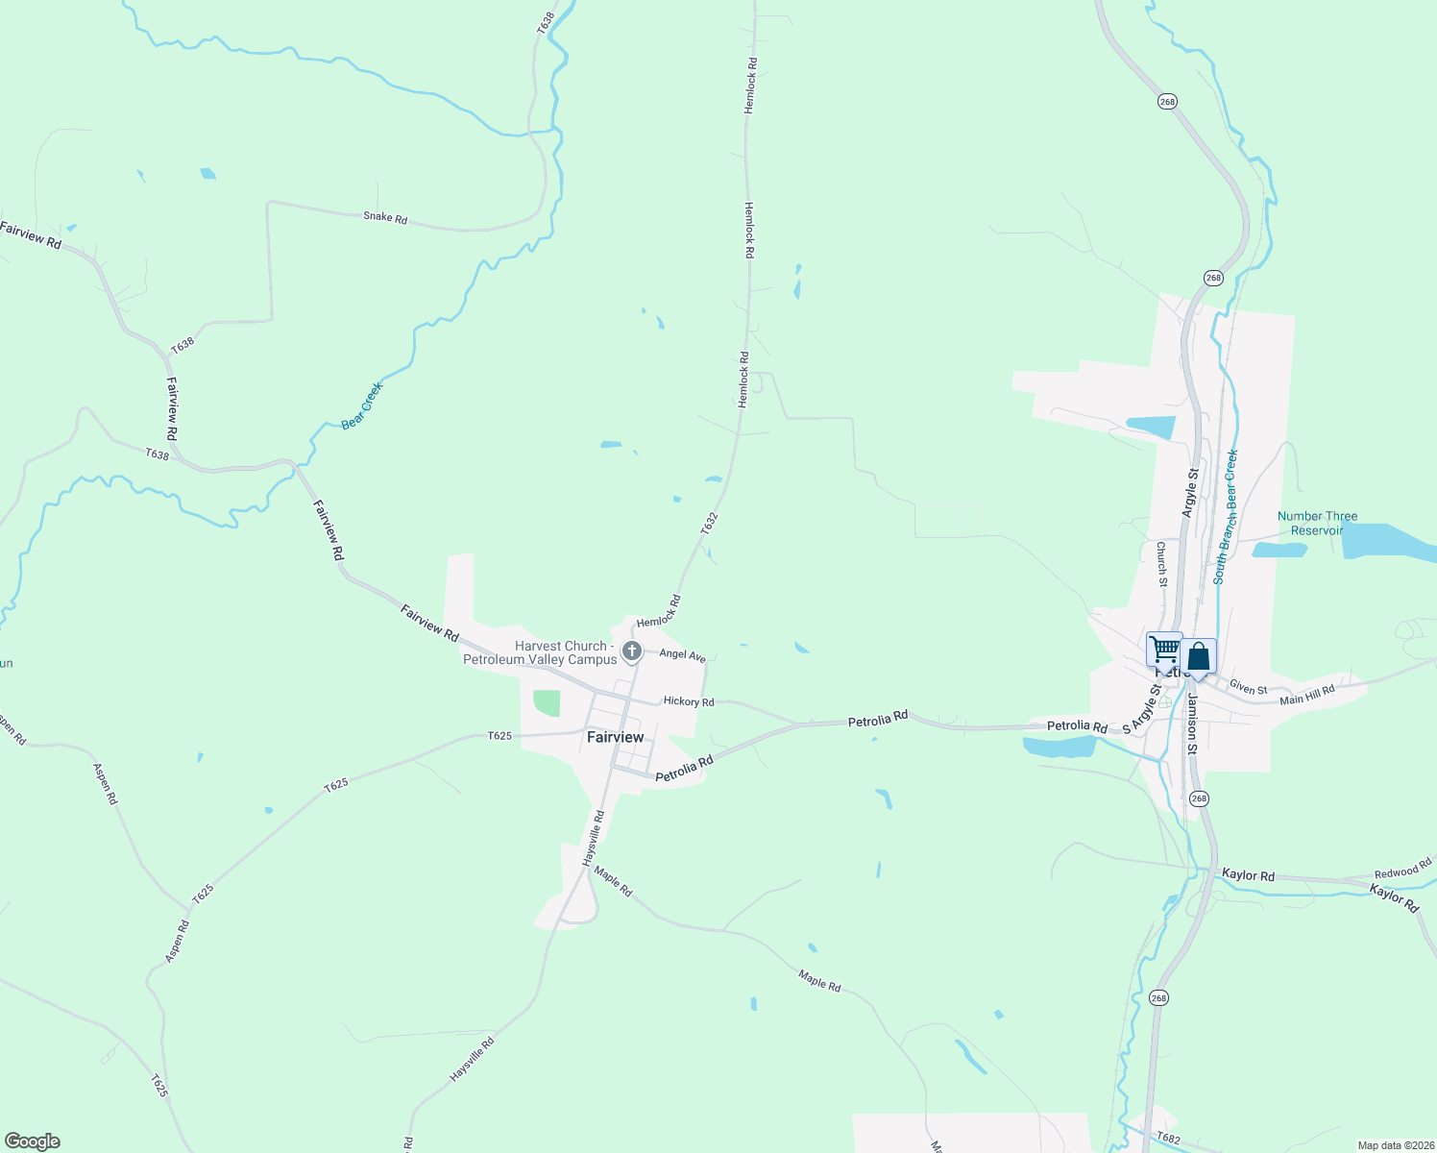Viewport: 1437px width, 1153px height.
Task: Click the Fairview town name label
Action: pos(615,737)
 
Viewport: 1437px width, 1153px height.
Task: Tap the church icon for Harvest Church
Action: pos(632,652)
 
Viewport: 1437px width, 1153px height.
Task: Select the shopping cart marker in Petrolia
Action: pos(1164,650)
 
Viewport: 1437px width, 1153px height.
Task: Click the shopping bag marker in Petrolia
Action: pos(1199,657)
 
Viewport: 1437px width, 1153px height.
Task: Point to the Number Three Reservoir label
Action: pos(1317,523)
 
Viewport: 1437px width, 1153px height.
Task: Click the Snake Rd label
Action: pos(385,217)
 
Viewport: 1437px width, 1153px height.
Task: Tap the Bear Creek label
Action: pos(362,405)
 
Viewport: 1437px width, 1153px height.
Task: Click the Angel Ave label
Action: pos(682,654)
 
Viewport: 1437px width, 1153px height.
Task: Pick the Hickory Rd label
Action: pos(689,701)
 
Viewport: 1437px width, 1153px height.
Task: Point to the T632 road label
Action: pos(709,524)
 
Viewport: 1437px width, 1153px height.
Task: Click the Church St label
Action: pos(1161,564)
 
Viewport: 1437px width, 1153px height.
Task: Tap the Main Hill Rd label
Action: pos(1307,695)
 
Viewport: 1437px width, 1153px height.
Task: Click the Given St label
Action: pos(1249,688)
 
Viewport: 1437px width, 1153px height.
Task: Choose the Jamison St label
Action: pos(1191,716)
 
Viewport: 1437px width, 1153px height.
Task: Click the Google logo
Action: pos(33,1141)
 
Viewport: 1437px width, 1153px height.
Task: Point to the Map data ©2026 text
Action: pos(1394,1145)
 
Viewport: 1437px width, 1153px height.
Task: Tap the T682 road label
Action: pos(1168,1138)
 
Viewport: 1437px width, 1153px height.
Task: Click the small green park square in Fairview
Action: pos(546,703)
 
